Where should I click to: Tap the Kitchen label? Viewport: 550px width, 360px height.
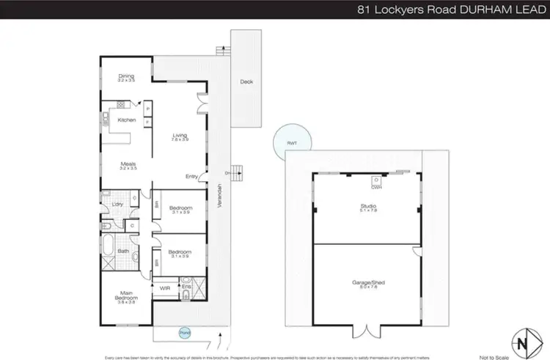(127, 120)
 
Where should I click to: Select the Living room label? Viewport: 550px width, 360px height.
(180, 135)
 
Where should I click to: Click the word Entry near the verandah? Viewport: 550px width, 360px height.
(191, 176)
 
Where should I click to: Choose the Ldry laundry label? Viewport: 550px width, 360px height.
(117, 204)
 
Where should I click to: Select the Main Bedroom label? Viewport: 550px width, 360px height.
(127, 298)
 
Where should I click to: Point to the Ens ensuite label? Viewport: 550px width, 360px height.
(197, 286)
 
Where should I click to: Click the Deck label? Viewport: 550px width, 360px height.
(246, 81)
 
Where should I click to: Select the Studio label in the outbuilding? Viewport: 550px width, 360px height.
(364, 207)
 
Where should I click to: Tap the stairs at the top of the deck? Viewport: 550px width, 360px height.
(221, 49)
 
